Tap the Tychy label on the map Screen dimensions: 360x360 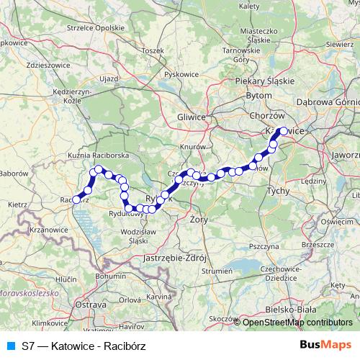277,191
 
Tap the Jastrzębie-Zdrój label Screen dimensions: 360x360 176,257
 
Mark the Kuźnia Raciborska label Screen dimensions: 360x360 98,155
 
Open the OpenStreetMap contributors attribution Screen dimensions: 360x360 297,323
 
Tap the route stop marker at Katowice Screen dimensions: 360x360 283,132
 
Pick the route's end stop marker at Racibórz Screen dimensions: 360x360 76,199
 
